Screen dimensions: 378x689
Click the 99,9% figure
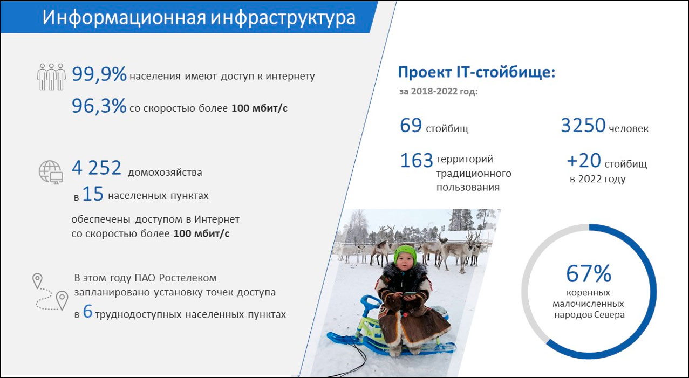[99, 75]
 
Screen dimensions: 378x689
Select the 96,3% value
[99, 106]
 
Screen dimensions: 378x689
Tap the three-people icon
[51, 77]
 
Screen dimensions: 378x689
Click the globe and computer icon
[51, 172]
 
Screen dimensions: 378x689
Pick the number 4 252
[97, 168]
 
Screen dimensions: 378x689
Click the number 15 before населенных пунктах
[92, 195]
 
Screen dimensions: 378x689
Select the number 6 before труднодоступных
[88, 313]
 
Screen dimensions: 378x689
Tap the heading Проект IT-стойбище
[476, 72]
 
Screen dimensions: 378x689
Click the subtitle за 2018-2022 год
[438, 91]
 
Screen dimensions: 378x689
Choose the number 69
[411, 126]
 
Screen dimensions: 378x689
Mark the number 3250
[583, 126]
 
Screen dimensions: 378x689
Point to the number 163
[417, 160]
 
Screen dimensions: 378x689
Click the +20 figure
[583, 161]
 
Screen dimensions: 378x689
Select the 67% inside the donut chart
[589, 273]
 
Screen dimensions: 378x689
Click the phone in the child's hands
[410, 294]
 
